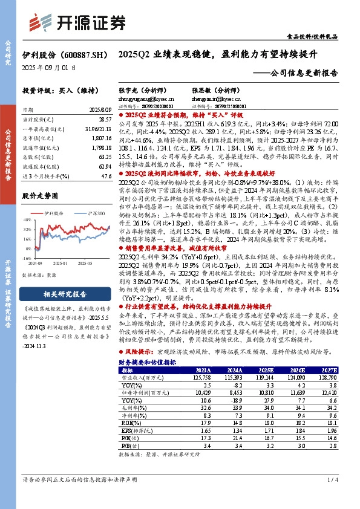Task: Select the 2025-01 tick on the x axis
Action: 59,263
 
